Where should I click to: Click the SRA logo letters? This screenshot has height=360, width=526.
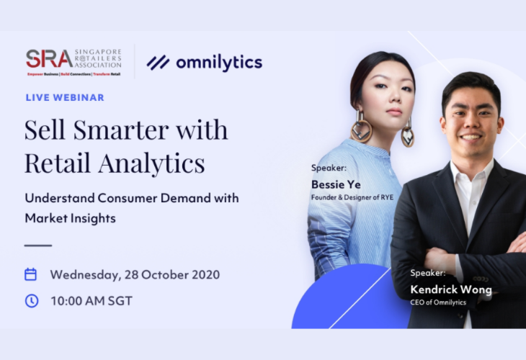pos(49,59)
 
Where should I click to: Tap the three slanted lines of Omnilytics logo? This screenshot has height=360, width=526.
pos(158,63)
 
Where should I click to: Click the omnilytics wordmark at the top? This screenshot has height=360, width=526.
pos(219,63)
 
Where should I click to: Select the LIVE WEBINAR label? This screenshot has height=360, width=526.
pos(65,97)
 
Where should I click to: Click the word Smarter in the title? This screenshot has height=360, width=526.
pos(121,130)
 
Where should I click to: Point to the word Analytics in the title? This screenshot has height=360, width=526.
pos(151,163)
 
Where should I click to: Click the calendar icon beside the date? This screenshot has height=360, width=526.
pos(30,274)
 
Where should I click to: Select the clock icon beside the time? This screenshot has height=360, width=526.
pos(32,301)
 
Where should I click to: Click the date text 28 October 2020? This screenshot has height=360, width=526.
pos(172,274)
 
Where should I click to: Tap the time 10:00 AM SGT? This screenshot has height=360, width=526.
pos(92,301)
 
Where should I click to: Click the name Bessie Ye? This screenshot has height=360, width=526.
pos(336,184)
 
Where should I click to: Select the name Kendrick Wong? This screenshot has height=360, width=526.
pos(451,289)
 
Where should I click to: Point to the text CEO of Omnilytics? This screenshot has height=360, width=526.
pos(438,302)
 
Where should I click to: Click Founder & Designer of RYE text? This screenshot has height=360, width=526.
pos(352,197)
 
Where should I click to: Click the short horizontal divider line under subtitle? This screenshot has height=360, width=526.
pos(38,246)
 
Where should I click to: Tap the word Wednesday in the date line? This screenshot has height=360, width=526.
pos(86,275)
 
